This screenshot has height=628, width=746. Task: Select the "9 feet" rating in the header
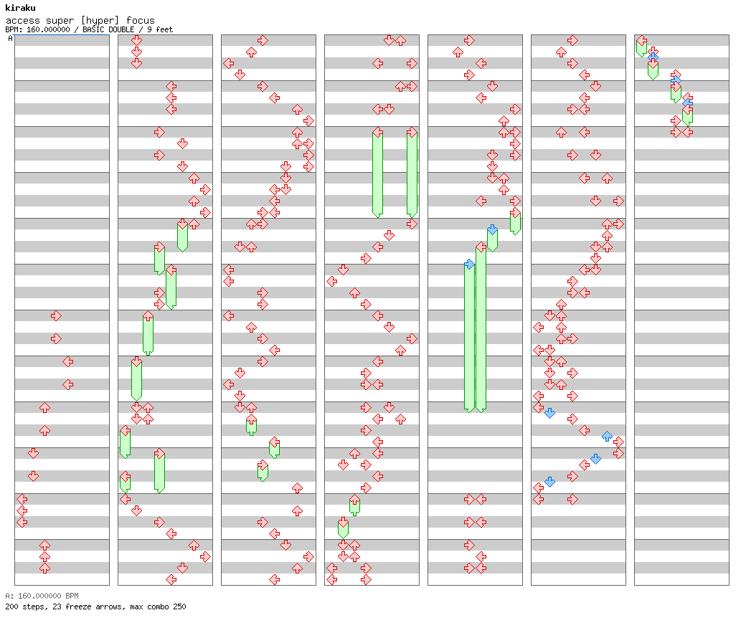click(161, 29)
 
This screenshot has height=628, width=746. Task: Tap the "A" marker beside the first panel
click(10, 39)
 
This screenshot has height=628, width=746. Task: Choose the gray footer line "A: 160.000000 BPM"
click(42, 596)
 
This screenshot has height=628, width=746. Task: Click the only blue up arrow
click(607, 436)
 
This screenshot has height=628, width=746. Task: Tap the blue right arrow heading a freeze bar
click(469, 265)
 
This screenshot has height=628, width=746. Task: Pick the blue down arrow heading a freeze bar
click(492, 229)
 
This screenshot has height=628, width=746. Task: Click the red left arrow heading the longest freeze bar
click(481, 247)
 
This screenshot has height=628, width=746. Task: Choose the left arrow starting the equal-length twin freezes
click(377, 132)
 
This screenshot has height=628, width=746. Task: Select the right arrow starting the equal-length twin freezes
click(412, 132)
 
